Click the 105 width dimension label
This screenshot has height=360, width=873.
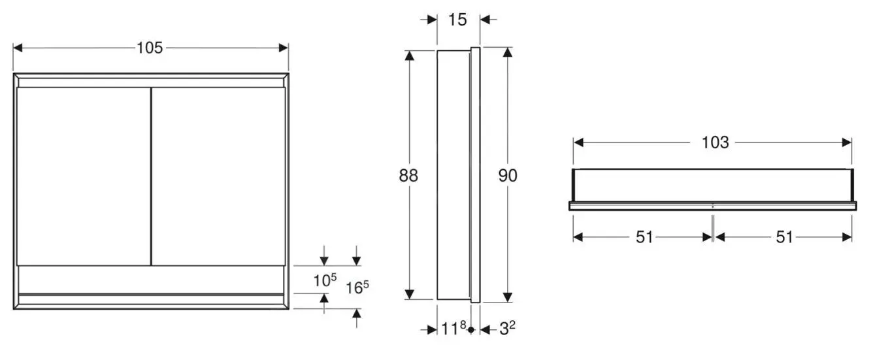pos(150,48)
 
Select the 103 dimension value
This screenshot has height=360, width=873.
pos(715,142)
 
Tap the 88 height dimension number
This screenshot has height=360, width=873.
pos(409,175)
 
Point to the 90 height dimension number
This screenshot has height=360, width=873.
pos(507,175)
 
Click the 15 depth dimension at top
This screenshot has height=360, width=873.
pos(458,20)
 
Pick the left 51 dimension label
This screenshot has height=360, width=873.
pos(644,237)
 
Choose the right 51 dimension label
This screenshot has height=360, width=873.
pos(784,237)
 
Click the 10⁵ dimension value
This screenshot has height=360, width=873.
pos(325,280)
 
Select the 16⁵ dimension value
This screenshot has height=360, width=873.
pos(357,287)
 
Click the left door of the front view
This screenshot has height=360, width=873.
pos(83,176)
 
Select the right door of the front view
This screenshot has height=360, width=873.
pos(218,176)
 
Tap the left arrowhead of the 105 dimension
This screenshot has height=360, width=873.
pos(18,48)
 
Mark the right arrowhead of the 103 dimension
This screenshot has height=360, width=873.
pos(848,142)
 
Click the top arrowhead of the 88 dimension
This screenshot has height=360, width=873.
pos(409,56)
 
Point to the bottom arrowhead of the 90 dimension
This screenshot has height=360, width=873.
pos(507,298)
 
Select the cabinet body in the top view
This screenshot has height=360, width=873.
pos(712,186)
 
